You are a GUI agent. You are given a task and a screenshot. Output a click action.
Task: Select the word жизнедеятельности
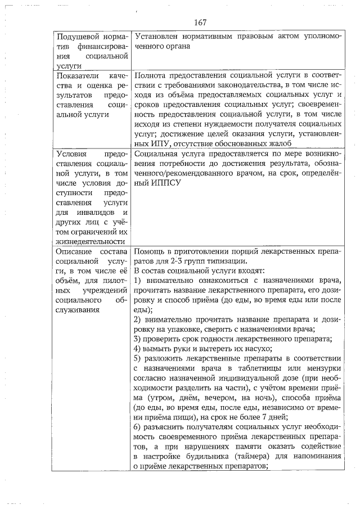[x=90, y=241]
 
